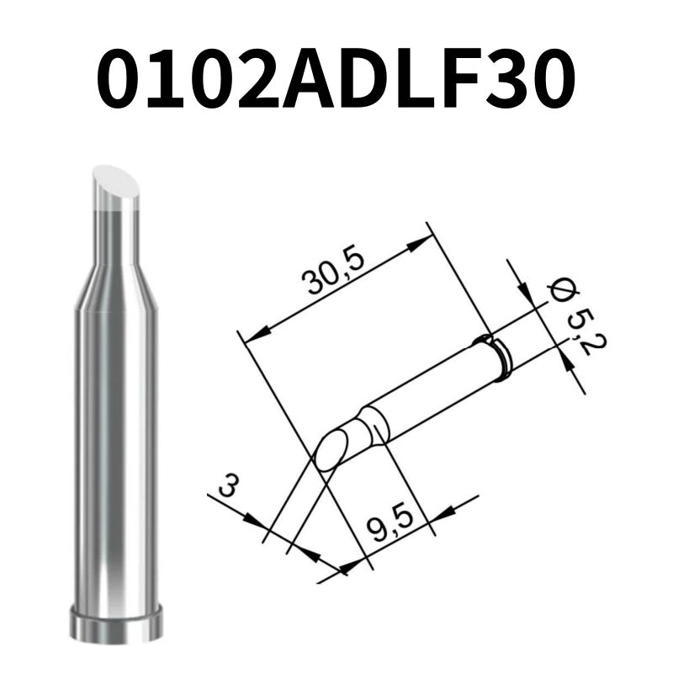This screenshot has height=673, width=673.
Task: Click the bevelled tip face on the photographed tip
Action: [115, 186]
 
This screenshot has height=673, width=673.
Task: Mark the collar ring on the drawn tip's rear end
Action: [496, 353]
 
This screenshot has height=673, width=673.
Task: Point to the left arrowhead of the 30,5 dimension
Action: [252, 331]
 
